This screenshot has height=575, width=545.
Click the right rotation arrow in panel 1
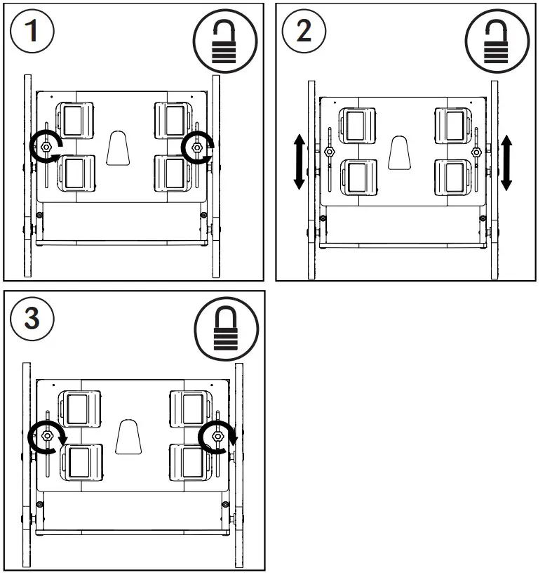pyautogui.click(x=197, y=147)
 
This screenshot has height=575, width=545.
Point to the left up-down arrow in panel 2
pyautogui.click(x=299, y=163)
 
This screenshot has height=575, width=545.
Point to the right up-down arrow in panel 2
pyautogui.click(x=506, y=163)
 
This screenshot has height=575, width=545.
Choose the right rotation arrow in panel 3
pyautogui.click(x=217, y=436)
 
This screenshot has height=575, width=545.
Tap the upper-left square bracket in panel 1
pyautogui.click(x=75, y=120)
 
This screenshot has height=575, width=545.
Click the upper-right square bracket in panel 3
pyautogui.click(x=189, y=408)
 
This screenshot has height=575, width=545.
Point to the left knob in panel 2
pyautogui.click(x=328, y=151)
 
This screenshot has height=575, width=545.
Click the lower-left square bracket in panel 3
pyautogui.click(x=81, y=461)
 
